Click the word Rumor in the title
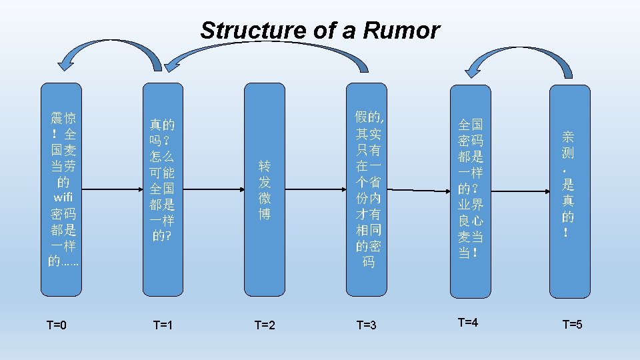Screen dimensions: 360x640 408,31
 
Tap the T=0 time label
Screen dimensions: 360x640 57,325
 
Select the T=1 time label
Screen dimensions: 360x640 163,325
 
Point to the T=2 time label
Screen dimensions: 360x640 265,325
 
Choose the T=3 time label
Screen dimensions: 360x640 367,325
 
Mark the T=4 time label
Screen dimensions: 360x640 468,323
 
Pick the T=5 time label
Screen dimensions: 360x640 572,325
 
